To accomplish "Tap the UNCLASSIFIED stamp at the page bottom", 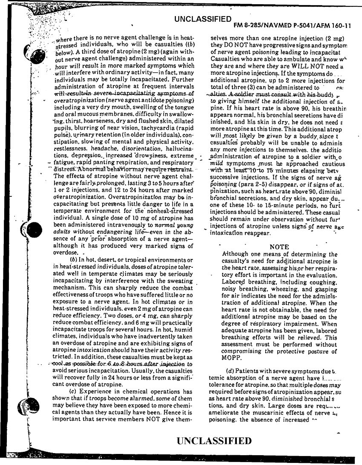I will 214,441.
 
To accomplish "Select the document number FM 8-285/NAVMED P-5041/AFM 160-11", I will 293,26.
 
